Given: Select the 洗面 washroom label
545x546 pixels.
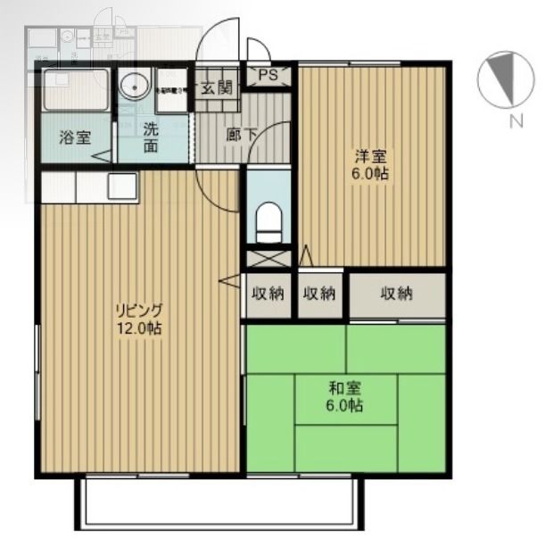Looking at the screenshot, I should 152,136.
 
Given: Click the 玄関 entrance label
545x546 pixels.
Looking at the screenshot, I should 216,87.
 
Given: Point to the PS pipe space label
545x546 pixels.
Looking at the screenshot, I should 268,76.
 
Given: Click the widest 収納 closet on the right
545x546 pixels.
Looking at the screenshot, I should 397,294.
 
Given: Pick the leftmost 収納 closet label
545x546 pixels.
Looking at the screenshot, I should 268,294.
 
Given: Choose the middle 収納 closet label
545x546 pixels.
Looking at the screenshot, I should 318,294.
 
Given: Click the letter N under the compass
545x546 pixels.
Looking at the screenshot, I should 515,123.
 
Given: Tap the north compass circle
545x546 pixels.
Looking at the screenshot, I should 505,79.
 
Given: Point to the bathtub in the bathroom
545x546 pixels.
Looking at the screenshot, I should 74,90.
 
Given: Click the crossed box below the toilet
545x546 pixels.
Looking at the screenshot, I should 268,260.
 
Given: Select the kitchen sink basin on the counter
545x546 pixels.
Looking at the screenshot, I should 122,186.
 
